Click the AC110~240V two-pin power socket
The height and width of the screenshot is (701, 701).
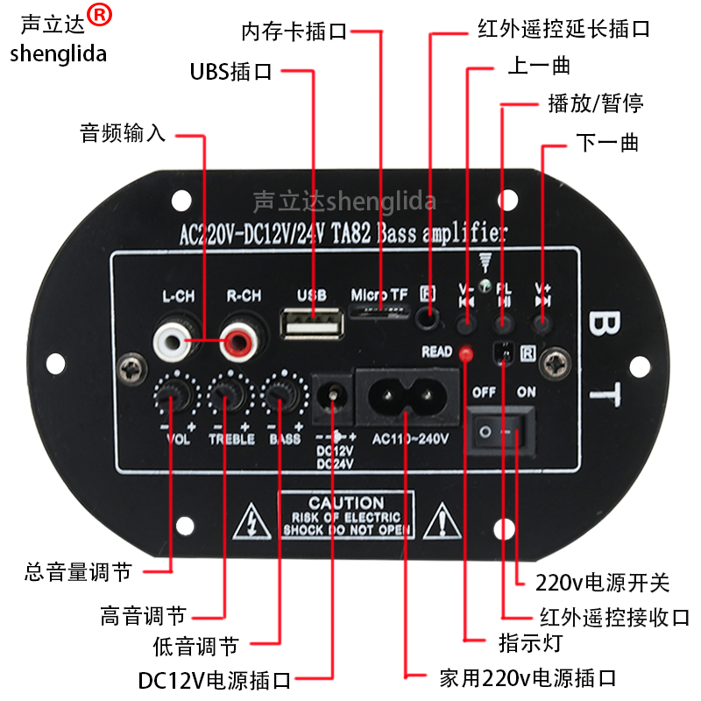point(407,400)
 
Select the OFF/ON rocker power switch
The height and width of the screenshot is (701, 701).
point(499,429)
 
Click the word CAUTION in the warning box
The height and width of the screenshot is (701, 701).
point(346,504)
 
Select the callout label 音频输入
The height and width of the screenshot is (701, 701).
point(122,134)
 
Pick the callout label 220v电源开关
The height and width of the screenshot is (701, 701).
point(604,582)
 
